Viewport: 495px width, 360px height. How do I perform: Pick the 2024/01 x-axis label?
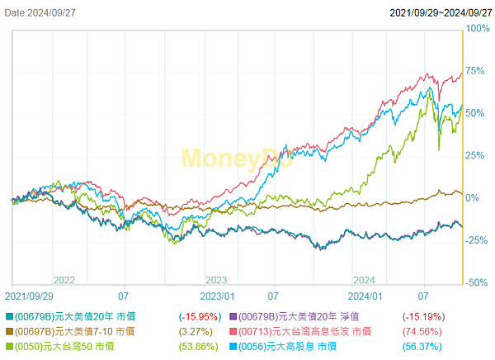point(365,294)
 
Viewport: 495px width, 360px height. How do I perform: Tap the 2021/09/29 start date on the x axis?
point(31,294)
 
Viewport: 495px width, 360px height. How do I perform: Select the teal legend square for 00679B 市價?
point(9,316)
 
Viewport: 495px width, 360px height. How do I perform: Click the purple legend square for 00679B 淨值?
point(233,316)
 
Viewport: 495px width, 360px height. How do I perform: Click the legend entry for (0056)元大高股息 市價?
point(288,346)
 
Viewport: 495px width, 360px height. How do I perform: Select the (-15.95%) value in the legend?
point(199,316)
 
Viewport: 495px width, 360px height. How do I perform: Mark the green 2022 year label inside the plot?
point(65,279)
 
